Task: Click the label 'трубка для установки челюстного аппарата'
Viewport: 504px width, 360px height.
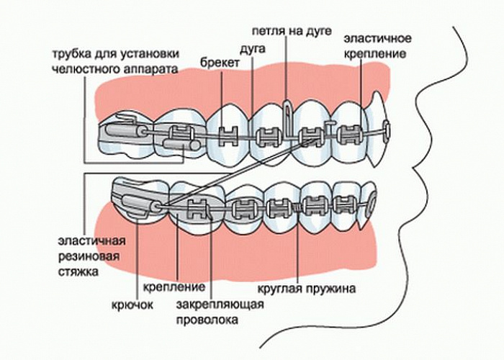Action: [x=114, y=60]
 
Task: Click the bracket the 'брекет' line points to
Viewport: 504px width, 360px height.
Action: [x=229, y=135]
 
